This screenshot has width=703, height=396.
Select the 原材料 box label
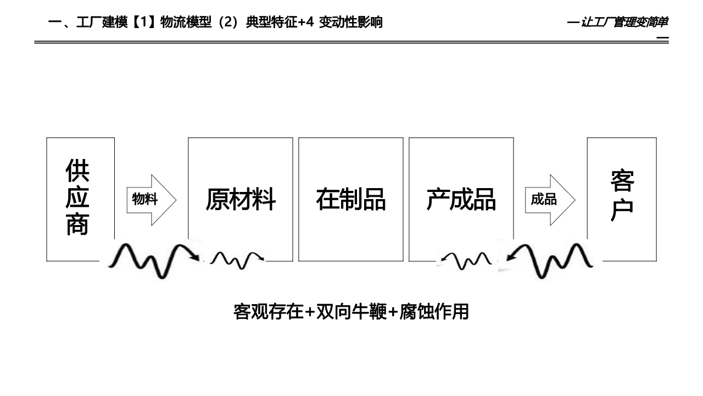[241, 199]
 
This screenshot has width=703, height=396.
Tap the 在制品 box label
[350, 199]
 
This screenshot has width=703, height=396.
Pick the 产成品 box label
[461, 199]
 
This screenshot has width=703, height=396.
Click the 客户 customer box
[622, 195]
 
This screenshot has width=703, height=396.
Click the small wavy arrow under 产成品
[467, 260]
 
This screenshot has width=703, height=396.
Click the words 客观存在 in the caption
[269, 312]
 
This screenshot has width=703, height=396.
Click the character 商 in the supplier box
[77, 224]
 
